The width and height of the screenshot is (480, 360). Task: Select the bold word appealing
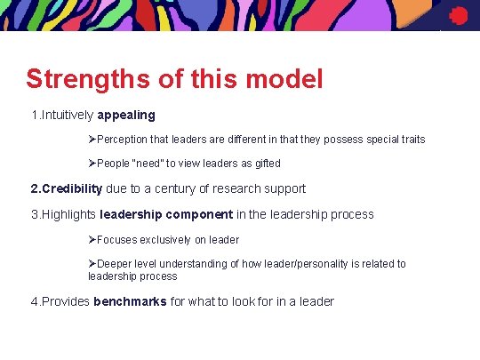126,116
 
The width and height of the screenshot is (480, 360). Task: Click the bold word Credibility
66,188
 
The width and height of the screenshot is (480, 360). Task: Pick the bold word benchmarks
130,301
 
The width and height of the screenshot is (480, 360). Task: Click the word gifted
266,164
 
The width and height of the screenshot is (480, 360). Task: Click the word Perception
122,140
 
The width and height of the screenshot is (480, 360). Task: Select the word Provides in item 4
68,301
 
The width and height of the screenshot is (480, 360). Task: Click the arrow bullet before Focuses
92,240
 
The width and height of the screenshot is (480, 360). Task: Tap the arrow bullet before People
92,164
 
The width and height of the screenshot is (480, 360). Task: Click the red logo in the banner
459,14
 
